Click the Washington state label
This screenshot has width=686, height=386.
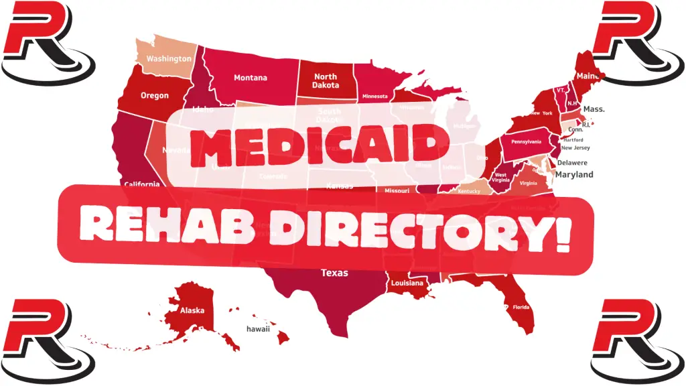click(169, 58)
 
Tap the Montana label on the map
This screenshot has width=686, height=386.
click(250, 78)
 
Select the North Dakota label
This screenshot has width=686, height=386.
click(326, 81)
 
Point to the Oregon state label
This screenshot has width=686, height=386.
click(155, 96)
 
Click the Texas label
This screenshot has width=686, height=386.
click(334, 273)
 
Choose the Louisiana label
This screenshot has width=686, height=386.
click(407, 283)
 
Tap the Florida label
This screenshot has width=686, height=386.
click(521, 307)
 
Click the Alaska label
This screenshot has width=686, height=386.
click(192, 311)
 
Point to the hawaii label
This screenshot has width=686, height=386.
click(258, 329)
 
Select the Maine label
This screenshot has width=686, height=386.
click(588, 77)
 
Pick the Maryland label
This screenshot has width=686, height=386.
click(574, 175)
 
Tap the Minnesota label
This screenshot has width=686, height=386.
click(374, 96)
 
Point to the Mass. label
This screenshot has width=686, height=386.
click(594, 109)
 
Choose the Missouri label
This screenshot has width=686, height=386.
click(398, 191)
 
